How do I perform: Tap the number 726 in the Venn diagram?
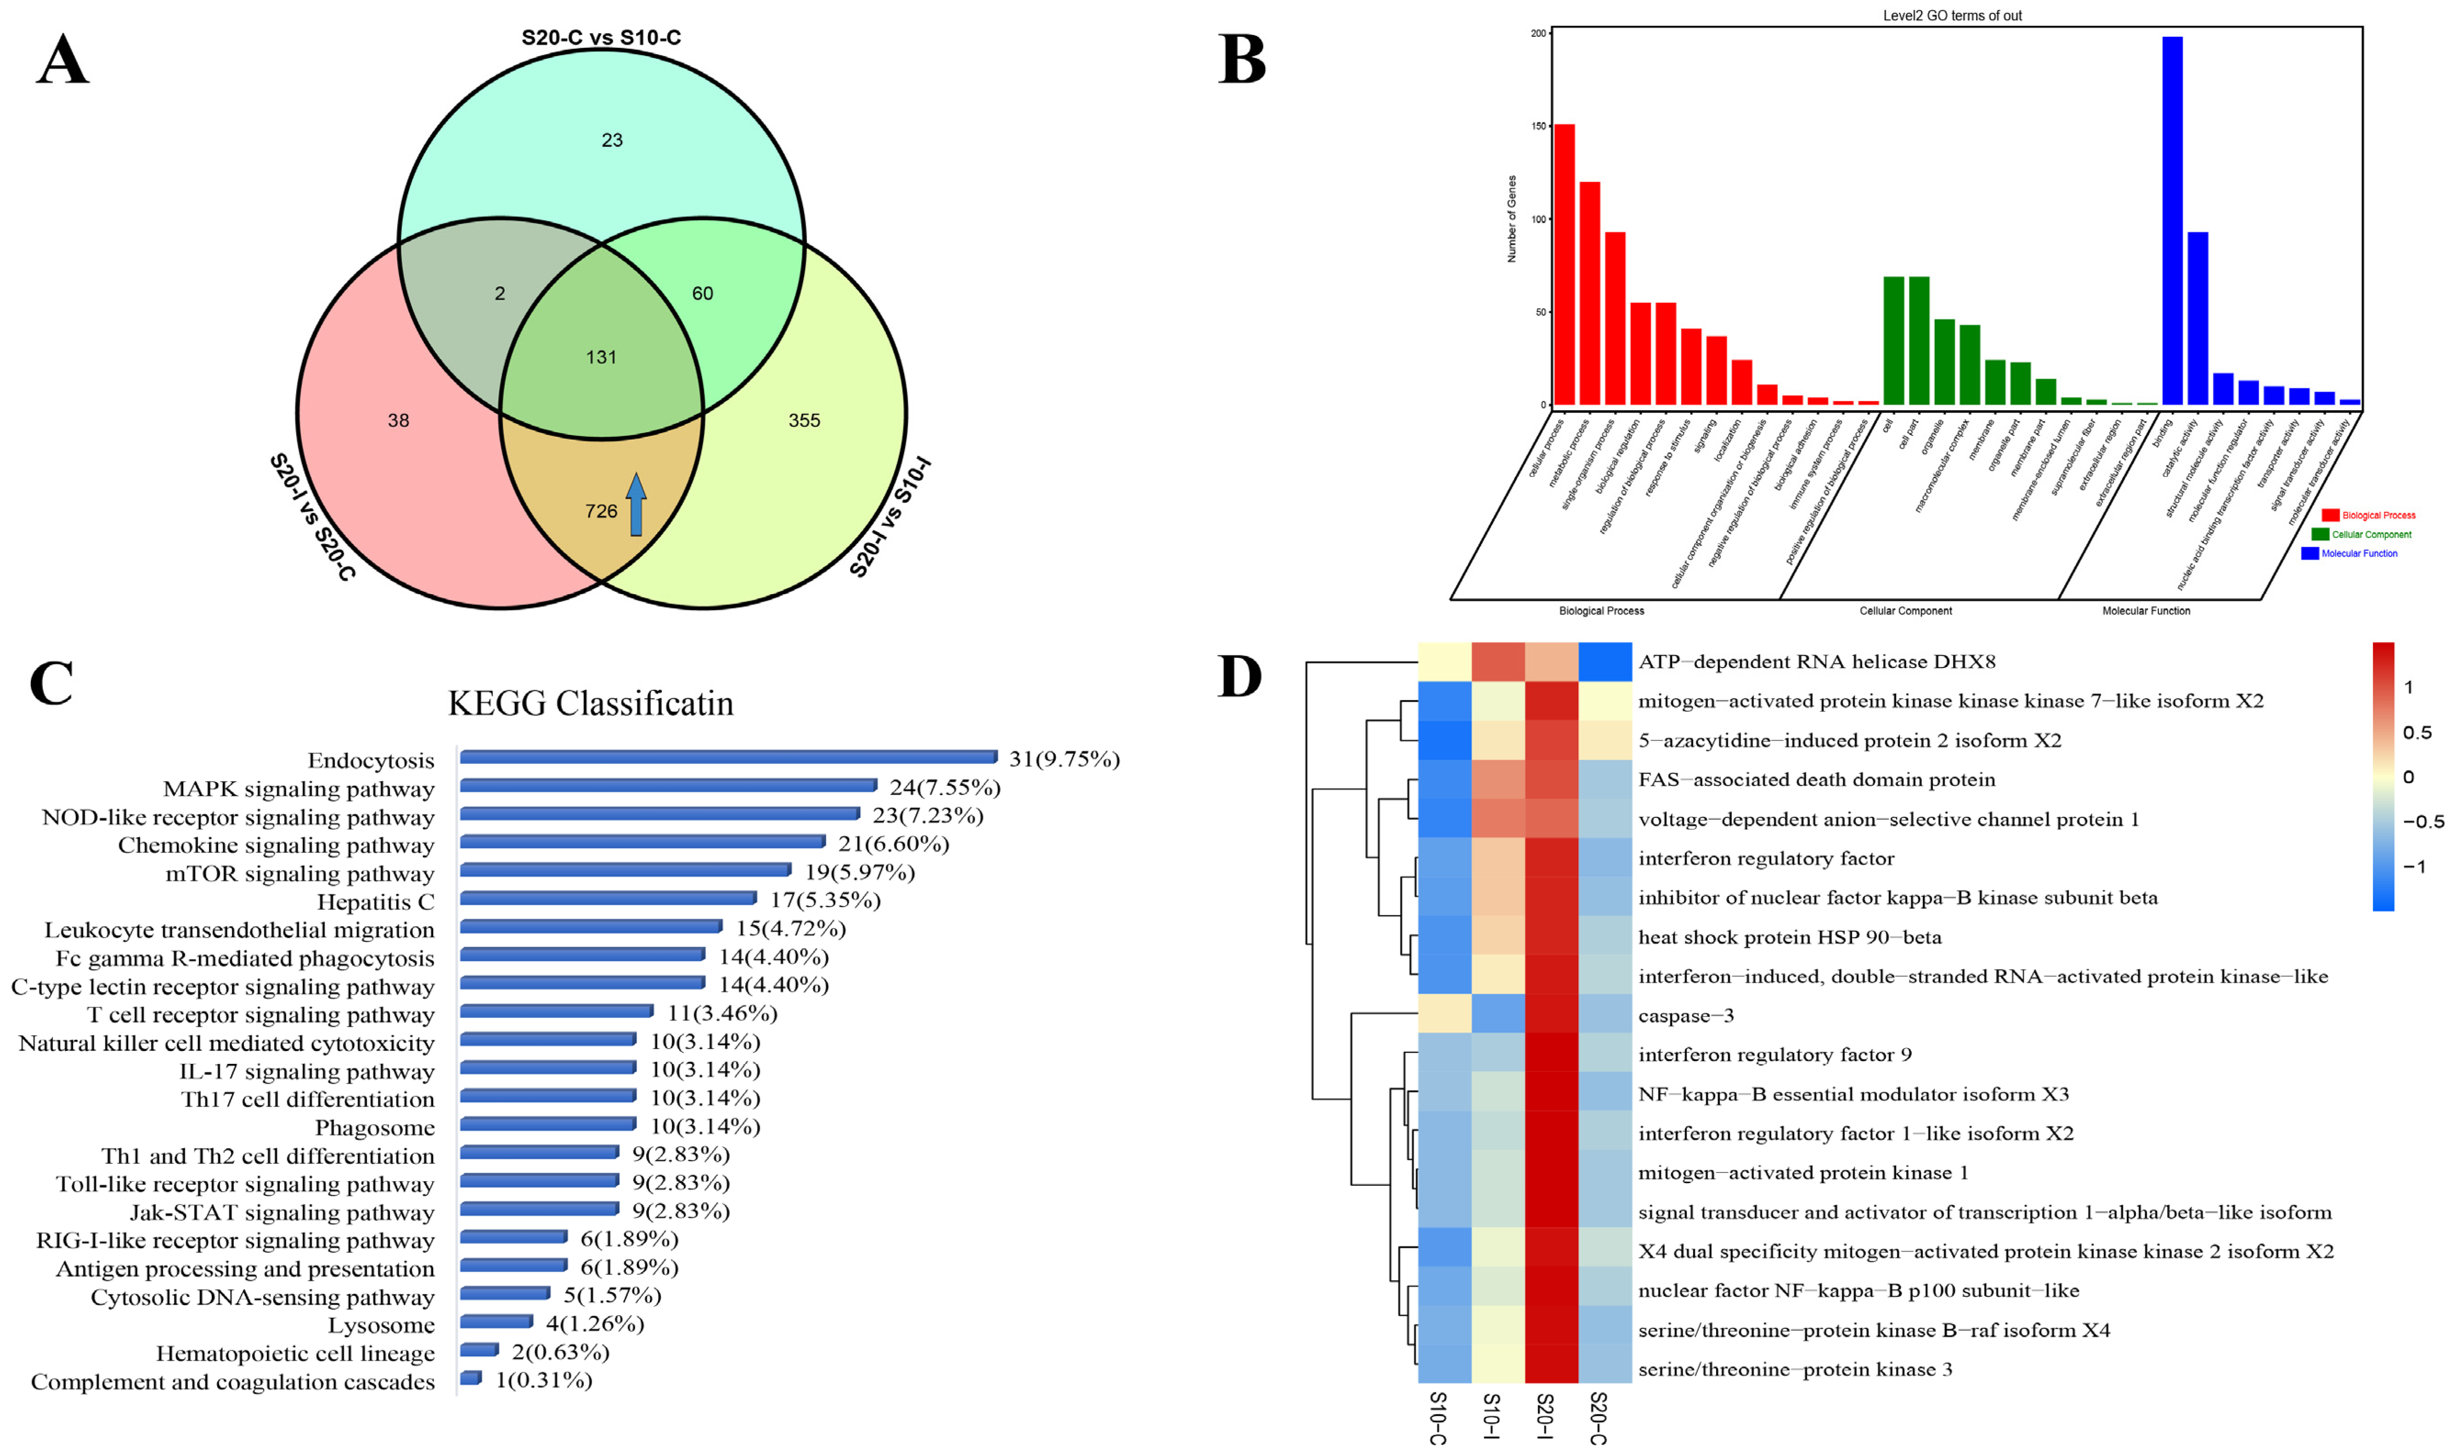click(x=601, y=511)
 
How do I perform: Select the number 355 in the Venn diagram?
click(x=804, y=420)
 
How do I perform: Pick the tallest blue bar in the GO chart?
click(x=2171, y=221)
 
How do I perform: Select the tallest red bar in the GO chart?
click(x=1564, y=265)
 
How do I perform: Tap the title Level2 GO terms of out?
click(x=1952, y=16)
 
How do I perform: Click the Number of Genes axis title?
click(x=1511, y=219)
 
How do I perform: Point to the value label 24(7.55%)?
click(x=944, y=788)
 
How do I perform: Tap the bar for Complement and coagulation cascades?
click(x=471, y=1379)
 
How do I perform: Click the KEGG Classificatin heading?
click(x=590, y=703)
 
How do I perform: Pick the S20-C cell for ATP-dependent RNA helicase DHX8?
click(x=1605, y=661)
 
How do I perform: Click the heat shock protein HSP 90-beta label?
click(x=1789, y=937)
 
